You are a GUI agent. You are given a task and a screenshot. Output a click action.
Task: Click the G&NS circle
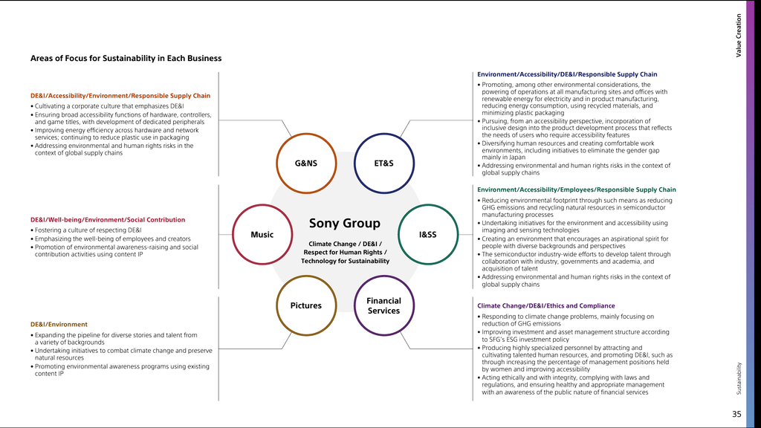pyautogui.click(x=306, y=163)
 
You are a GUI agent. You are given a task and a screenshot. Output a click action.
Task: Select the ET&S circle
pyautogui.click(x=383, y=163)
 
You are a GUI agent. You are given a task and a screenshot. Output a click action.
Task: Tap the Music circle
pyautogui.click(x=262, y=235)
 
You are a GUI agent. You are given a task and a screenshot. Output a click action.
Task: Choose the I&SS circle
pyautogui.click(x=427, y=235)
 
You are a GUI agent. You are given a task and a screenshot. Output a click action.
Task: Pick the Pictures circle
pyautogui.click(x=306, y=305)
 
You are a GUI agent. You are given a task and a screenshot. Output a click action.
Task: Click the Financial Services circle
pyautogui.click(x=383, y=305)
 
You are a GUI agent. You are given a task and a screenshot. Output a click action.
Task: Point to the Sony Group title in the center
pyautogui.click(x=344, y=224)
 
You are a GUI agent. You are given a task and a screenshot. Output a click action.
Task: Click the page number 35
pyautogui.click(x=736, y=414)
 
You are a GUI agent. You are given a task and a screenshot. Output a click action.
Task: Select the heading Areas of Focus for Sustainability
pyautogui.click(x=126, y=58)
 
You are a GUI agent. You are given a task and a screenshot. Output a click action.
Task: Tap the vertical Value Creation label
pyautogui.click(x=739, y=36)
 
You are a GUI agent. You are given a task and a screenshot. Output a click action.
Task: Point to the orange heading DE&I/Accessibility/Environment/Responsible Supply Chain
pyautogui.click(x=120, y=96)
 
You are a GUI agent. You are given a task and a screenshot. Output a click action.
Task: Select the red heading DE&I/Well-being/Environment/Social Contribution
pyautogui.click(x=108, y=220)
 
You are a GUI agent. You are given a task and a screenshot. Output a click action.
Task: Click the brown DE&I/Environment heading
pyautogui.click(x=59, y=325)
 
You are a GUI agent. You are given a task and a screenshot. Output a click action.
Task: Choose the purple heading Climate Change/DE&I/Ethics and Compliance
pyautogui.click(x=545, y=305)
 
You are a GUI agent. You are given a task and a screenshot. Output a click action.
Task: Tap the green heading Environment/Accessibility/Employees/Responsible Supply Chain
pyautogui.click(x=576, y=189)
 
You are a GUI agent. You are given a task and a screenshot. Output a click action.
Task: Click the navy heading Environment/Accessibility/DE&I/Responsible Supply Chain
pyautogui.click(x=567, y=74)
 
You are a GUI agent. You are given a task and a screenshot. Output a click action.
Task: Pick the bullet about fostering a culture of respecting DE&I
pyautogui.click(x=88, y=230)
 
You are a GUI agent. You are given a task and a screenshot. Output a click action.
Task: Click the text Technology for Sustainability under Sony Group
pyautogui.click(x=345, y=262)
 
